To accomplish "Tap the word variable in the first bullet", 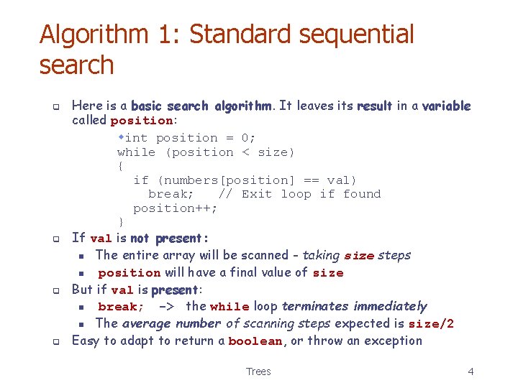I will (446, 106).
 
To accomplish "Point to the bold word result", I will (375, 106).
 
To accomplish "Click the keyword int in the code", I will (136, 138).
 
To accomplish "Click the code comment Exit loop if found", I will (312, 194).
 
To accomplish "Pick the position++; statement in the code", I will (176, 208).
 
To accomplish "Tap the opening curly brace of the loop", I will (120, 166).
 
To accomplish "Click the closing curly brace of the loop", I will (120, 222).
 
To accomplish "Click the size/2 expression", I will (430, 324).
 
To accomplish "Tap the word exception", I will (393, 341).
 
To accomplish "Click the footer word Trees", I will (258, 371).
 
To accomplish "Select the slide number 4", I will (471, 371).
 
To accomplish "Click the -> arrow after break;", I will (165, 307).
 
